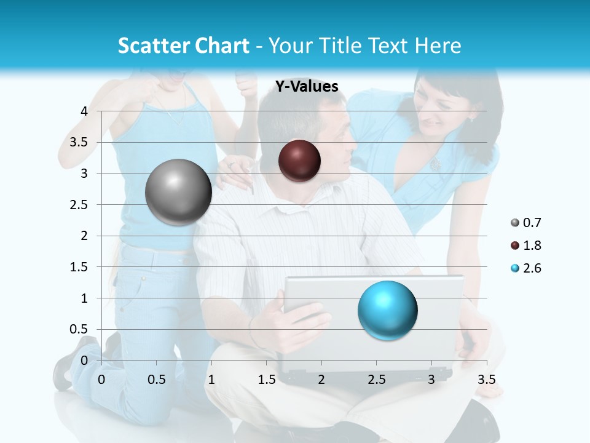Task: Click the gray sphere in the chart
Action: tap(178, 192)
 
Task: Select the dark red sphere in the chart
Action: tap(299, 161)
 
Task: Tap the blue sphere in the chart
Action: tap(387, 310)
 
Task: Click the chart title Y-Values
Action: tap(307, 87)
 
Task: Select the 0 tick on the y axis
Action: tap(84, 360)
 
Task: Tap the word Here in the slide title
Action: tap(437, 46)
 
